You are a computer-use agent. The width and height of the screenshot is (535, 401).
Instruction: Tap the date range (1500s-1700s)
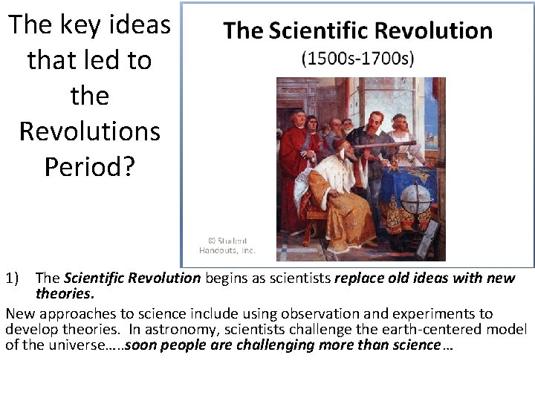point(358,59)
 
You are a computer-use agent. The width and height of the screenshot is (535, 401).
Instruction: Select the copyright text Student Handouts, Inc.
point(227,245)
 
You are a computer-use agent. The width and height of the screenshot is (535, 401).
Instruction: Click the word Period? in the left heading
point(90,166)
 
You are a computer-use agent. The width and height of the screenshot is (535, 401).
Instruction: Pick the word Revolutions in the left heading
point(90,131)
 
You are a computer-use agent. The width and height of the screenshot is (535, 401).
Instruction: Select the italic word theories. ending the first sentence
point(65,293)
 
